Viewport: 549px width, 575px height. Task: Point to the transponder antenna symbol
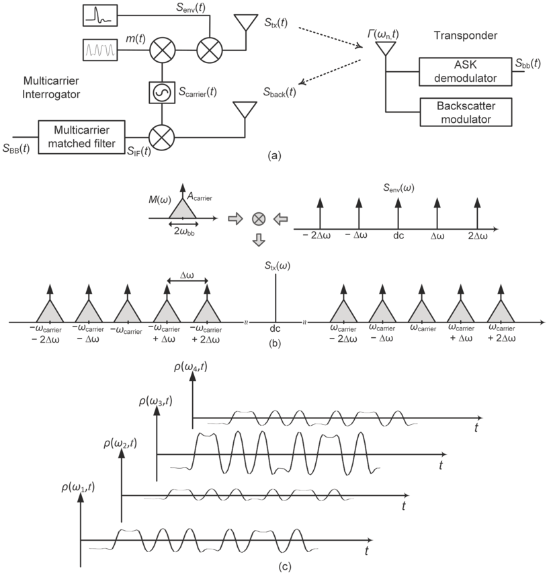(386, 49)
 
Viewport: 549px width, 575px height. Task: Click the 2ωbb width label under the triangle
(183, 230)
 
